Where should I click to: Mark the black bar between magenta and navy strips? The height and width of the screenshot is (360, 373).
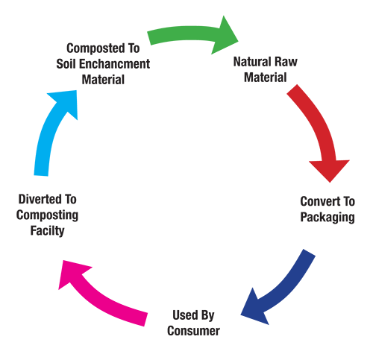click(x=191, y=224)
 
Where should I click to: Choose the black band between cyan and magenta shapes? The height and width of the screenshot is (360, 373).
click(x=75, y=209)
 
